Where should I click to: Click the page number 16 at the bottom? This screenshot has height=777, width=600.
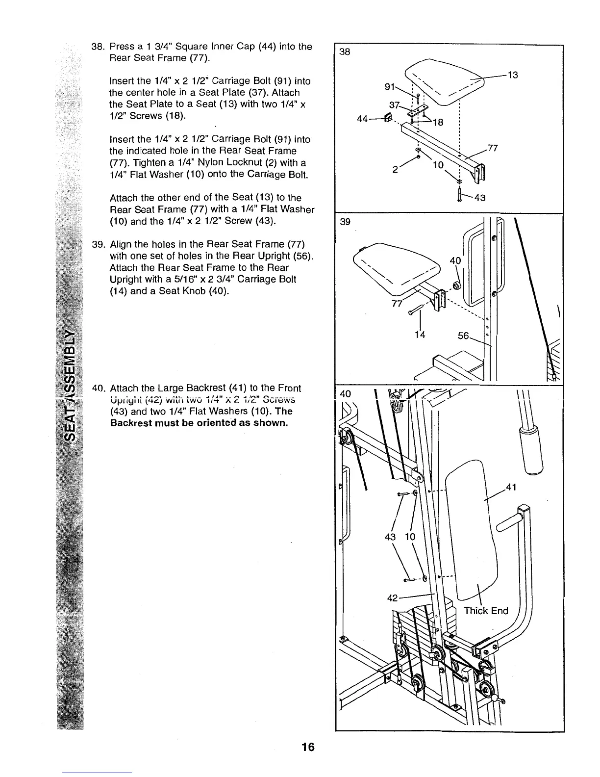(x=308, y=747)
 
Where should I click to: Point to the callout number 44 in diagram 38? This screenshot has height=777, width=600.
(x=363, y=119)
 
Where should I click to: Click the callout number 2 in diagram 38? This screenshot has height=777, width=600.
(x=395, y=169)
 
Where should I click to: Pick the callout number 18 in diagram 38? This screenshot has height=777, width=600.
(x=437, y=123)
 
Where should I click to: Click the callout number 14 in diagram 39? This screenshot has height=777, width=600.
(x=419, y=335)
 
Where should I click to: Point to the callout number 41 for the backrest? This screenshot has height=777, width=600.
(x=511, y=488)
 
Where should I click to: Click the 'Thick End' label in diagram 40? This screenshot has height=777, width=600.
(x=486, y=611)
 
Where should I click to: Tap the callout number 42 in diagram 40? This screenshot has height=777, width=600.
(x=393, y=598)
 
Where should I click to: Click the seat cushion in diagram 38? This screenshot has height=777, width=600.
(x=444, y=81)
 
